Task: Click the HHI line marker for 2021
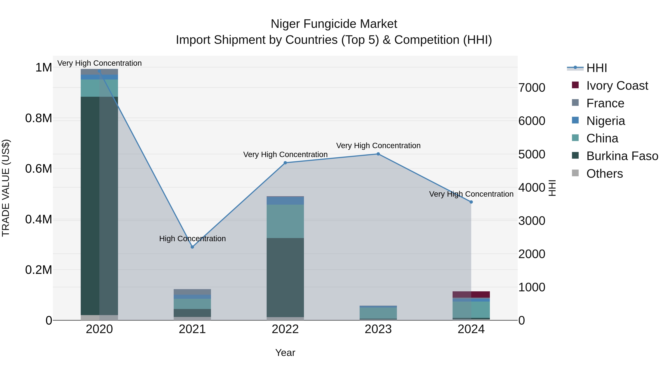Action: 192,247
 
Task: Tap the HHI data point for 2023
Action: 378,154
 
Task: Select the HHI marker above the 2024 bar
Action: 471,202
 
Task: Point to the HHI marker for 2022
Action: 285,163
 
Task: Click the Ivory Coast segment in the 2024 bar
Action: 471,294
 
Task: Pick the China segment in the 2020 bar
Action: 99,88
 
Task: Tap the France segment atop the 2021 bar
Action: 192,292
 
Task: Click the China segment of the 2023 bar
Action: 378,313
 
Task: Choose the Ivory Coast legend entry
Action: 617,86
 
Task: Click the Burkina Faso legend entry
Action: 622,156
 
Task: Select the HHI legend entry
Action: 596,68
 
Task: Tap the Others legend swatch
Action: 575,173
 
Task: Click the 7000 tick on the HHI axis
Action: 532,88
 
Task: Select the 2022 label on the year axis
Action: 285,329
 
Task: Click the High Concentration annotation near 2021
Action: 192,238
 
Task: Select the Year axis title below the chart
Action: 285,353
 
